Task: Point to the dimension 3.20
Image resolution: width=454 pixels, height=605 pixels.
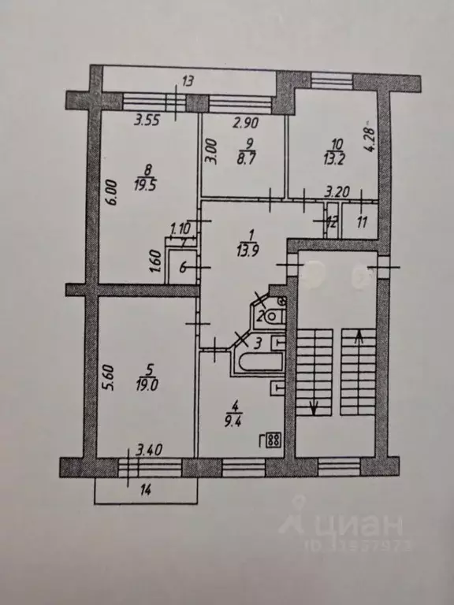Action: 338,190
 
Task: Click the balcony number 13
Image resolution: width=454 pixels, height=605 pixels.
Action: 188,80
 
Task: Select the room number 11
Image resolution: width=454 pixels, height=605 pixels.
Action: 362,223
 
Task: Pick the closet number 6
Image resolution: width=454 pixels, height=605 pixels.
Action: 183,268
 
